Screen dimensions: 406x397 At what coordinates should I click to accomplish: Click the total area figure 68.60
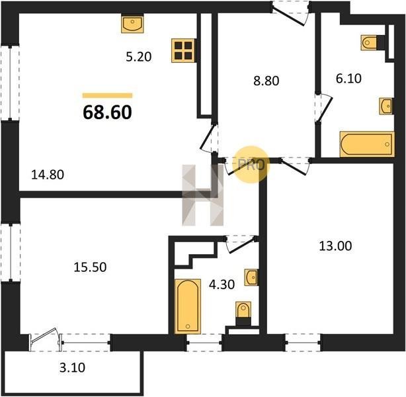[x=108, y=112]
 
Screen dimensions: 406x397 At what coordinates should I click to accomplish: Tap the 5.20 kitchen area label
[x=139, y=57]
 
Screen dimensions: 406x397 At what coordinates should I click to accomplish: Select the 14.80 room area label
[x=48, y=175]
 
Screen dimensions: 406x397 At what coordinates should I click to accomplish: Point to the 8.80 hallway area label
[x=266, y=81]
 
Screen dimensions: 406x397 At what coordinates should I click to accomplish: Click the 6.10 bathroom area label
[x=348, y=78]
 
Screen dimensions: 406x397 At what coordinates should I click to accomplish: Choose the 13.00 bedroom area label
[x=335, y=246]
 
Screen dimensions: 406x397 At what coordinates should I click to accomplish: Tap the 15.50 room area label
[x=90, y=267]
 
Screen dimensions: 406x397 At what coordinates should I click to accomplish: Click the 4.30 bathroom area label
[x=222, y=285]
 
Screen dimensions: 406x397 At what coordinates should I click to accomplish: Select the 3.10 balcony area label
[x=72, y=367]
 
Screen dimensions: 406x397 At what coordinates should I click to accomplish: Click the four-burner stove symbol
[x=183, y=50]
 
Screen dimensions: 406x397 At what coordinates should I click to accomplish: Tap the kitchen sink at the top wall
[x=132, y=23]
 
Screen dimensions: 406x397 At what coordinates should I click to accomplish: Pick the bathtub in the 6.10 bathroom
[x=367, y=144]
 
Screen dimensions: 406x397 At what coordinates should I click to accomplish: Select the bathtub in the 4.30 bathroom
[x=188, y=306]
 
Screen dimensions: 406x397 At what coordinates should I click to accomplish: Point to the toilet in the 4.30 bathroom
[x=243, y=313]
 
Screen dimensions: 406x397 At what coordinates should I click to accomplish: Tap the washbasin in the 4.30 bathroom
[x=251, y=277]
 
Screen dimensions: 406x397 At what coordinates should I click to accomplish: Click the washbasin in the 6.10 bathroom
[x=386, y=106]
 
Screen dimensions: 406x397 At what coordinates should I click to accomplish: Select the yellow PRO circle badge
[x=251, y=164]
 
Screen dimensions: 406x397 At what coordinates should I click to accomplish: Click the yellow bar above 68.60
[x=108, y=95]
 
